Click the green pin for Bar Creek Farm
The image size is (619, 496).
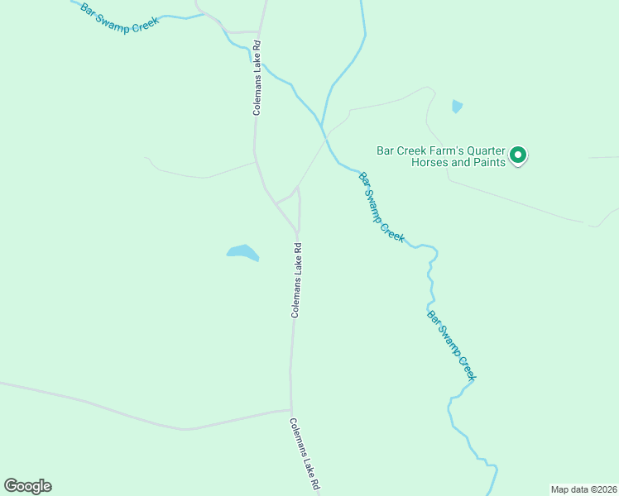[x=518, y=155]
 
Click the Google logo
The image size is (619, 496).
[x=27, y=486]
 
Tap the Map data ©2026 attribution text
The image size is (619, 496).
[x=583, y=489]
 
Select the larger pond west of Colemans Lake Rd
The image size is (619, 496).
[x=242, y=252]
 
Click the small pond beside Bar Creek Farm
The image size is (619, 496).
[x=457, y=106]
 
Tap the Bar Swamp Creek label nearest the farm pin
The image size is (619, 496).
[x=381, y=207]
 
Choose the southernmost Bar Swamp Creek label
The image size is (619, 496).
[x=452, y=345]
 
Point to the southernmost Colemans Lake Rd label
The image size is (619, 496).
[x=304, y=454]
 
